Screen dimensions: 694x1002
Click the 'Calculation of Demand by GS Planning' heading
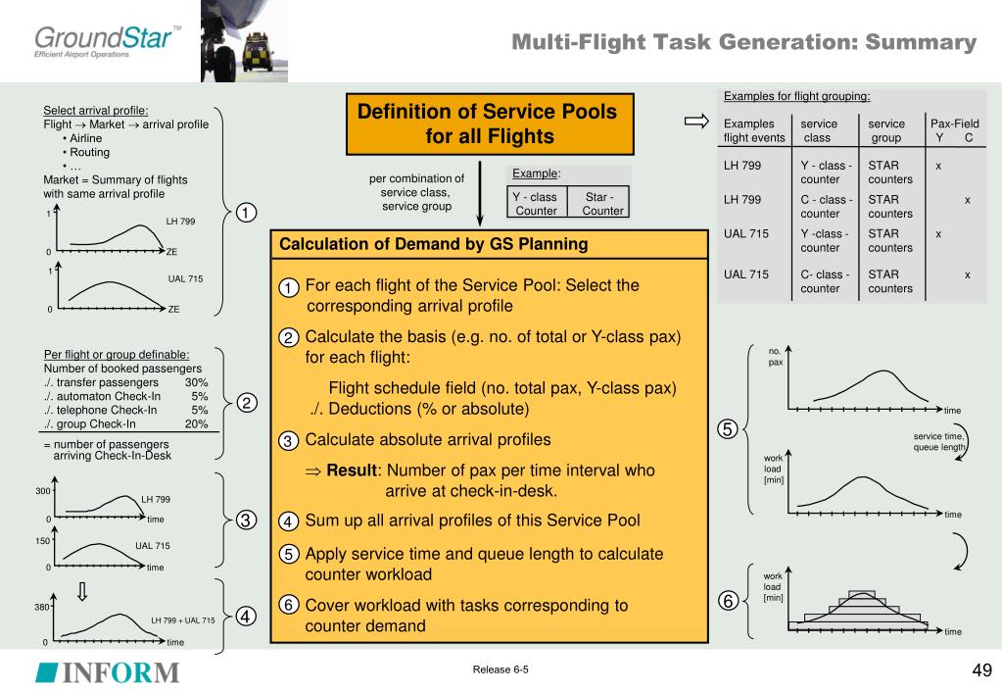(x=434, y=245)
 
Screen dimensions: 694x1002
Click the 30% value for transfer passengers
(x=196, y=383)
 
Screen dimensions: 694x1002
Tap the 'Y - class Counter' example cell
(x=536, y=204)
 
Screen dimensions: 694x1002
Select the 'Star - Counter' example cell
(x=597, y=204)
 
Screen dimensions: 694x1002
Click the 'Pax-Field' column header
(x=954, y=124)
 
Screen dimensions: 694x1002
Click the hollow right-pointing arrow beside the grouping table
(x=696, y=122)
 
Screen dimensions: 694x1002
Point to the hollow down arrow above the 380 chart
(x=82, y=591)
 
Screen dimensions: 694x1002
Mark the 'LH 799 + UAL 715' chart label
(x=182, y=620)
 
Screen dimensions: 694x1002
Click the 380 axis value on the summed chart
(x=43, y=607)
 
